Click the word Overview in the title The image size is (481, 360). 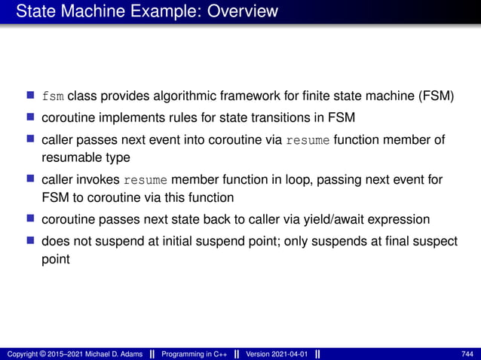pos(240,11)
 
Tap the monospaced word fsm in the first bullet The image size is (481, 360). pos(53,98)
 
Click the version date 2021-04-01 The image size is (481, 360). pos(290,354)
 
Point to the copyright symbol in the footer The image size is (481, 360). pos(43,354)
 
